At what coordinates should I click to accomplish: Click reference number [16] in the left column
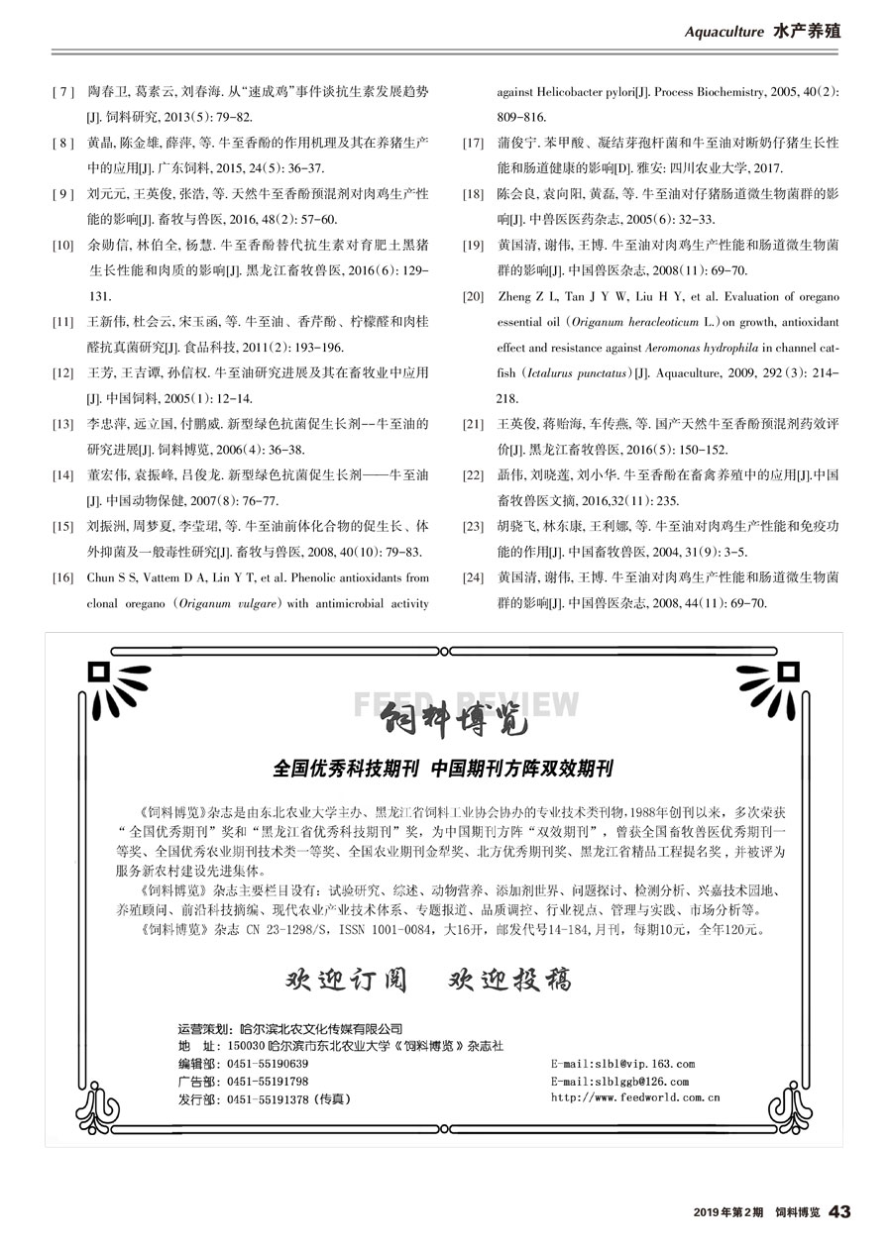[x=60, y=576]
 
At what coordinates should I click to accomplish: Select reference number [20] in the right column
[x=473, y=296]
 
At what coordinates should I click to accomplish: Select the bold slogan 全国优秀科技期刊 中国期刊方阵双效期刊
[x=443, y=768]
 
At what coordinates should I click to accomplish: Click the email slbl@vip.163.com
[x=622, y=1064]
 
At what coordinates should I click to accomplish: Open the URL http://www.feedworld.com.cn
[x=634, y=1097]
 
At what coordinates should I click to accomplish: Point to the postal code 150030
[x=245, y=1046]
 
